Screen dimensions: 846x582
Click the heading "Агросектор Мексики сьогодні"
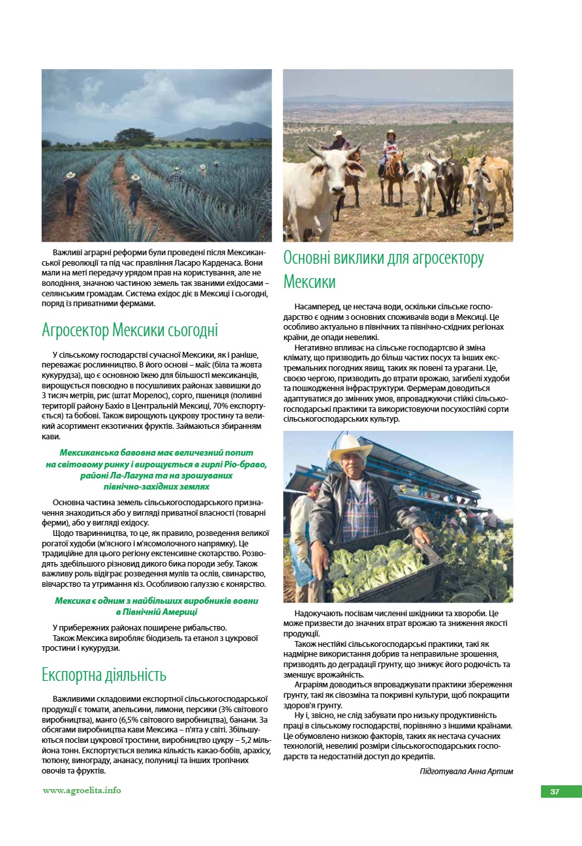[130, 330]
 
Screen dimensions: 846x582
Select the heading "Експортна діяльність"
[104, 674]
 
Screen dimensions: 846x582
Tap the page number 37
[555, 792]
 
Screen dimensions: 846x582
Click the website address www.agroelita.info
[82, 791]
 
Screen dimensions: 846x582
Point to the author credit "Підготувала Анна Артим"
[466, 772]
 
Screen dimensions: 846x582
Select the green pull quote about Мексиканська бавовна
[157, 469]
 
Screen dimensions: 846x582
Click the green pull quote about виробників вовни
[157, 606]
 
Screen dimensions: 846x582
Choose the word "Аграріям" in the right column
[310, 684]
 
